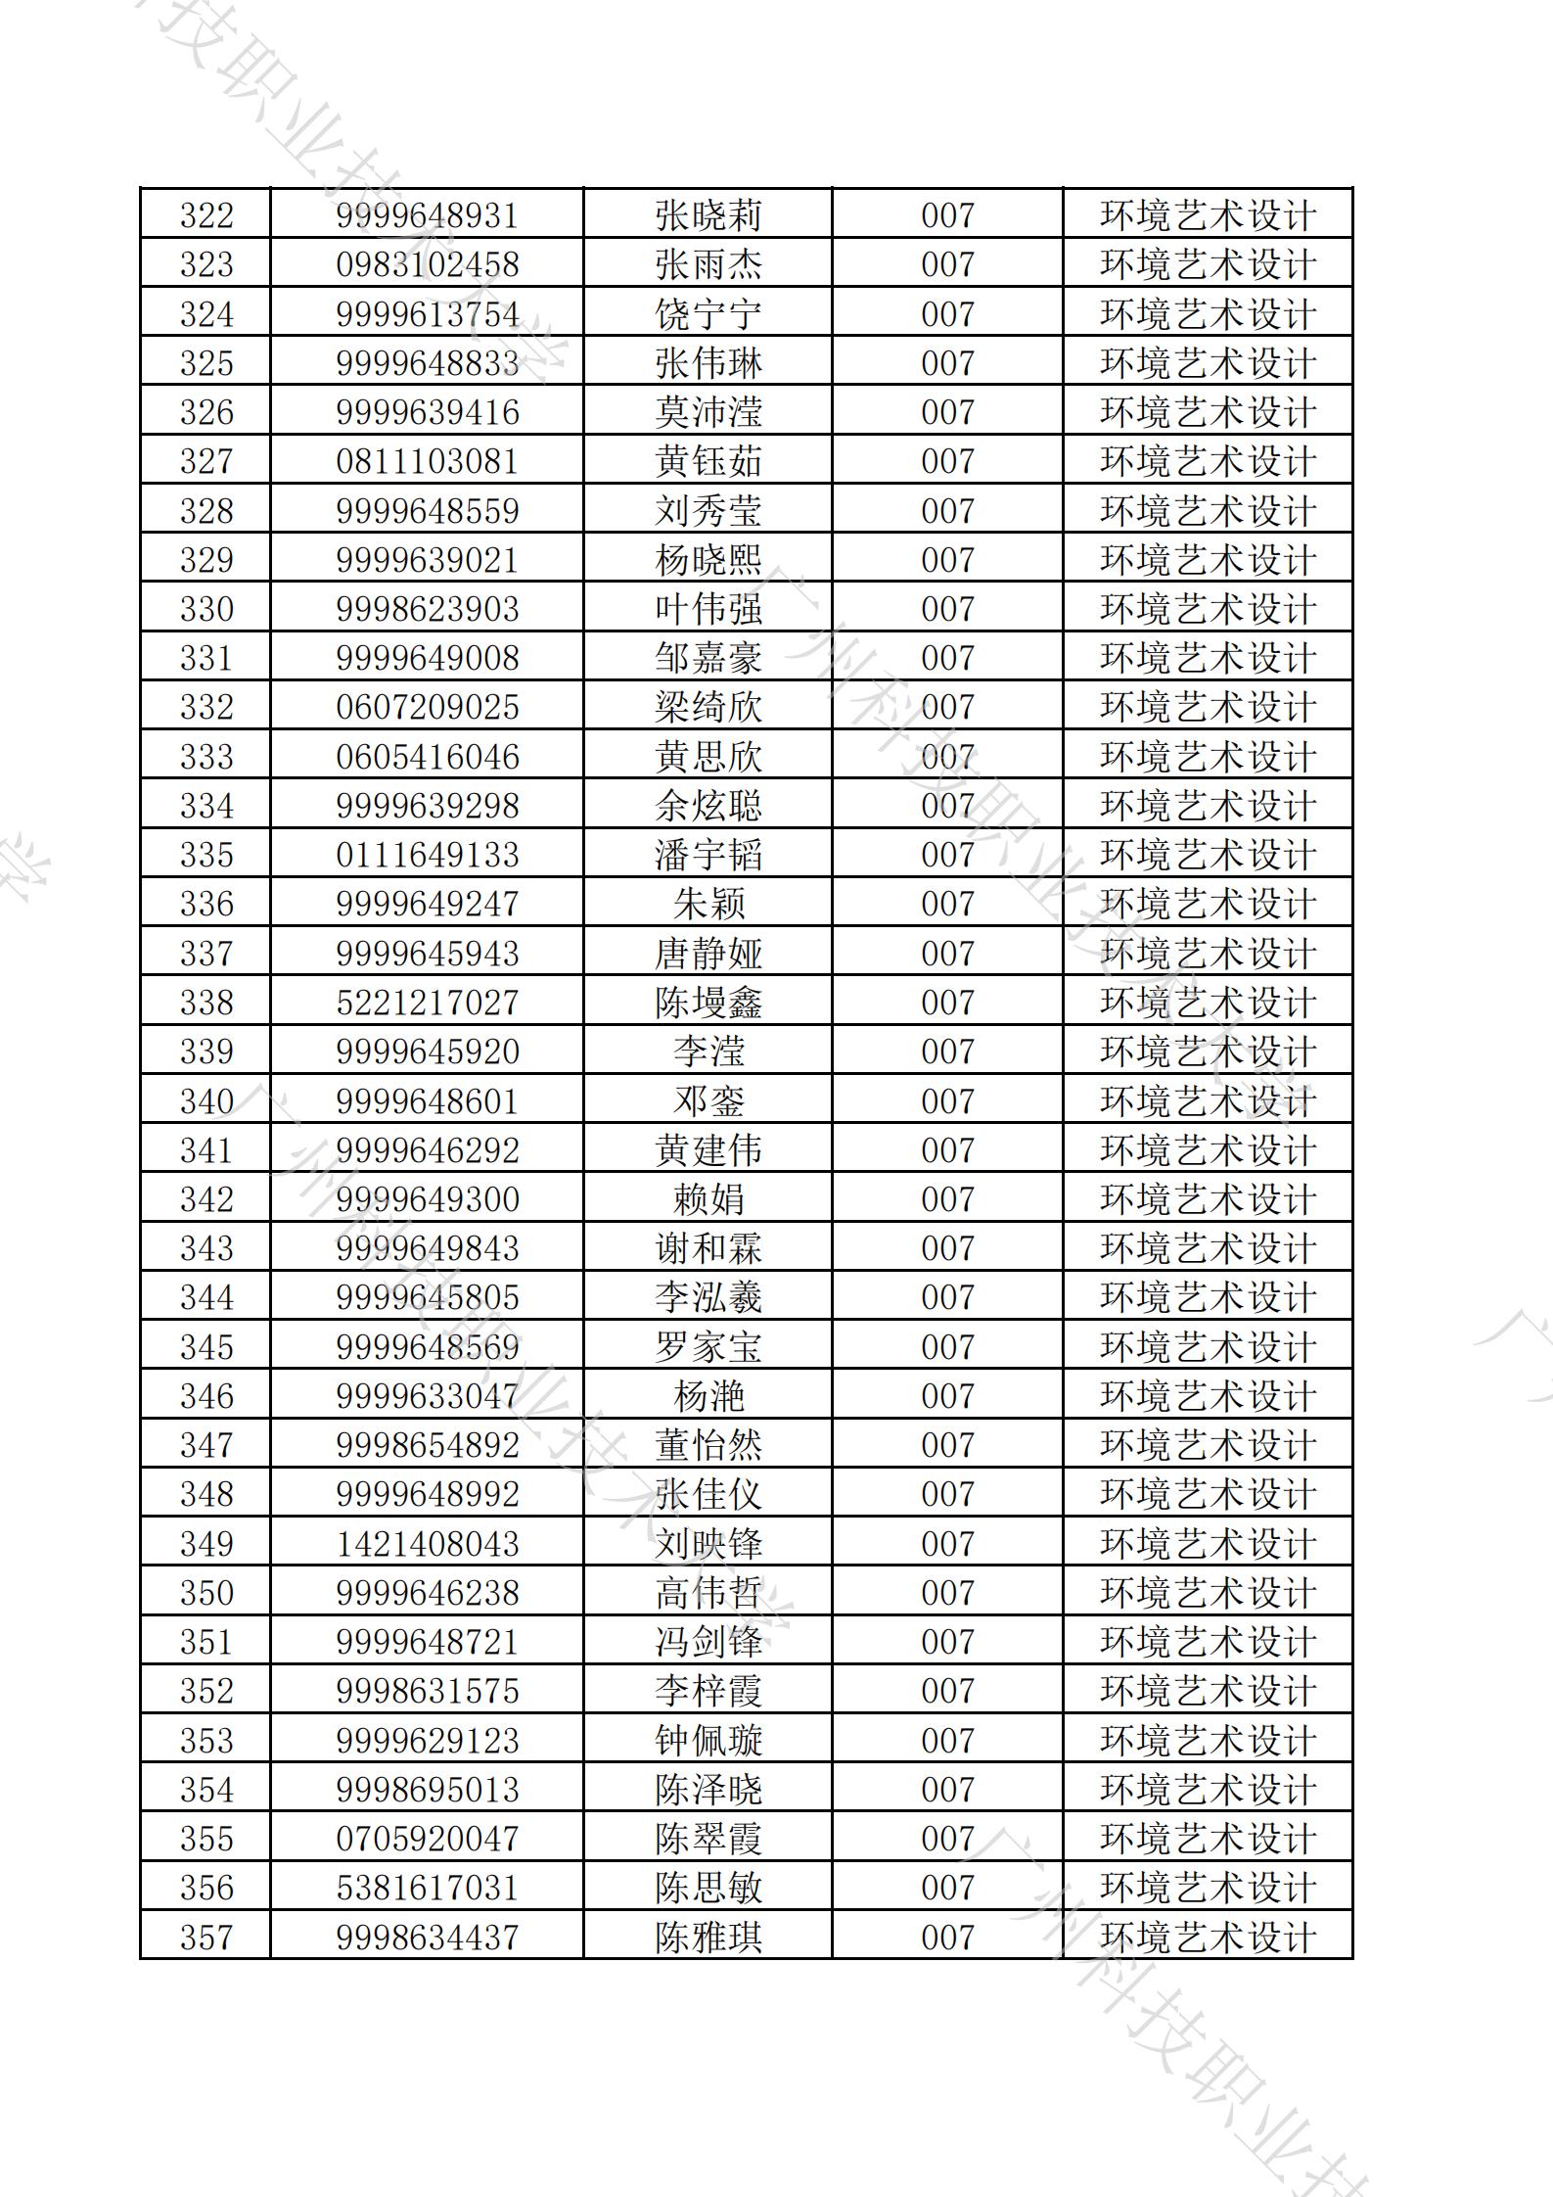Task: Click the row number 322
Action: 206,215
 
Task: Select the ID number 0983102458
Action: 427,265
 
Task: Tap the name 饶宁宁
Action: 708,314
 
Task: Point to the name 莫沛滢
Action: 708,412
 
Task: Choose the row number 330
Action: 206,609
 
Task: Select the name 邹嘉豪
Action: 708,658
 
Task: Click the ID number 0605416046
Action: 427,757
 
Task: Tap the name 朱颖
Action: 708,904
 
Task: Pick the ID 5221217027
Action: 427,1003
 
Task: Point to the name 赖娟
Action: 708,1199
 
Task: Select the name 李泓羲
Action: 708,1297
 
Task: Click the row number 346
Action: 206,1396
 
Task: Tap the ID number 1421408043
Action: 427,1544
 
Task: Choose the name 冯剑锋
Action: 708,1642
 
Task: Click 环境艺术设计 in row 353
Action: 1208,1741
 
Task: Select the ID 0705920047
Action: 427,1839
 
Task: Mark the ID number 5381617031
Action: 427,1888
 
